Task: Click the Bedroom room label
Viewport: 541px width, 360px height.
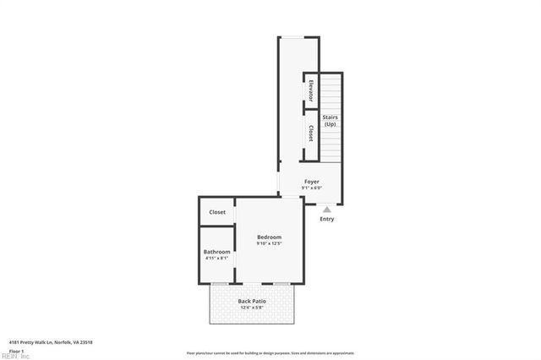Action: tap(269, 237)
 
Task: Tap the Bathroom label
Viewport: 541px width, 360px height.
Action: tap(217, 252)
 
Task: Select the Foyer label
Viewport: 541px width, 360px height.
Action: tap(312, 181)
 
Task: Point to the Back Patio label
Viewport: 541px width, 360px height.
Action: tap(252, 301)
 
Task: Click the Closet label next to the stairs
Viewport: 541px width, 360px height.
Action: tap(311, 133)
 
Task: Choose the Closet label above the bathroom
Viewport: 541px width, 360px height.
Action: tap(217, 212)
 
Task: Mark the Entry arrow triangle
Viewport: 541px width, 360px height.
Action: tap(326, 209)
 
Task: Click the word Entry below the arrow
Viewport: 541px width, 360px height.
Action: tap(326, 219)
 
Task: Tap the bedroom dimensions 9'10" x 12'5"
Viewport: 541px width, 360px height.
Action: tap(269, 244)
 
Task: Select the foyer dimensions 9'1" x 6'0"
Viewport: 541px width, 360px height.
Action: tap(312, 188)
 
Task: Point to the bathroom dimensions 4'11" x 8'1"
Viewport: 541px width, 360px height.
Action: tap(217, 259)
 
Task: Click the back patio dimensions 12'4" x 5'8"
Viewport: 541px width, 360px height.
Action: tap(252, 308)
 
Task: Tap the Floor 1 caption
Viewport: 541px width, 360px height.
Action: tap(16, 350)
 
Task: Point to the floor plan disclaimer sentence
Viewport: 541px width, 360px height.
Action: tap(270, 353)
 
